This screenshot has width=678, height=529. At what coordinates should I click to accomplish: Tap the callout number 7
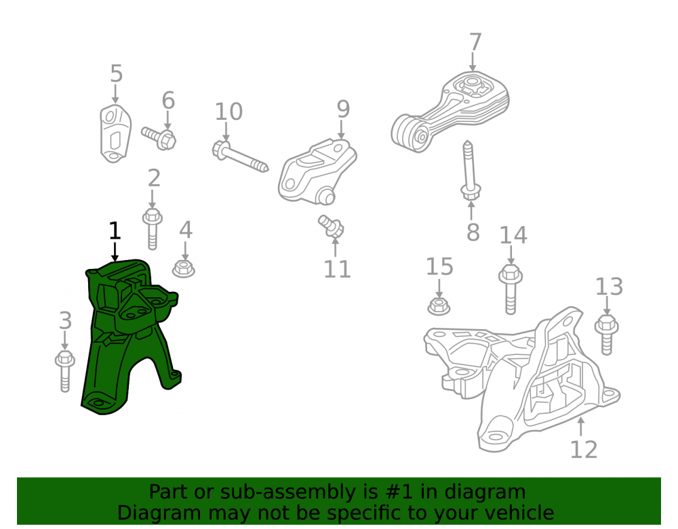pyautogui.click(x=475, y=42)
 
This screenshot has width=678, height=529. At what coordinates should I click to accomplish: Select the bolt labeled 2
pyautogui.click(x=152, y=229)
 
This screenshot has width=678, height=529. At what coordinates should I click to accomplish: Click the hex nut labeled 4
pyautogui.click(x=183, y=269)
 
